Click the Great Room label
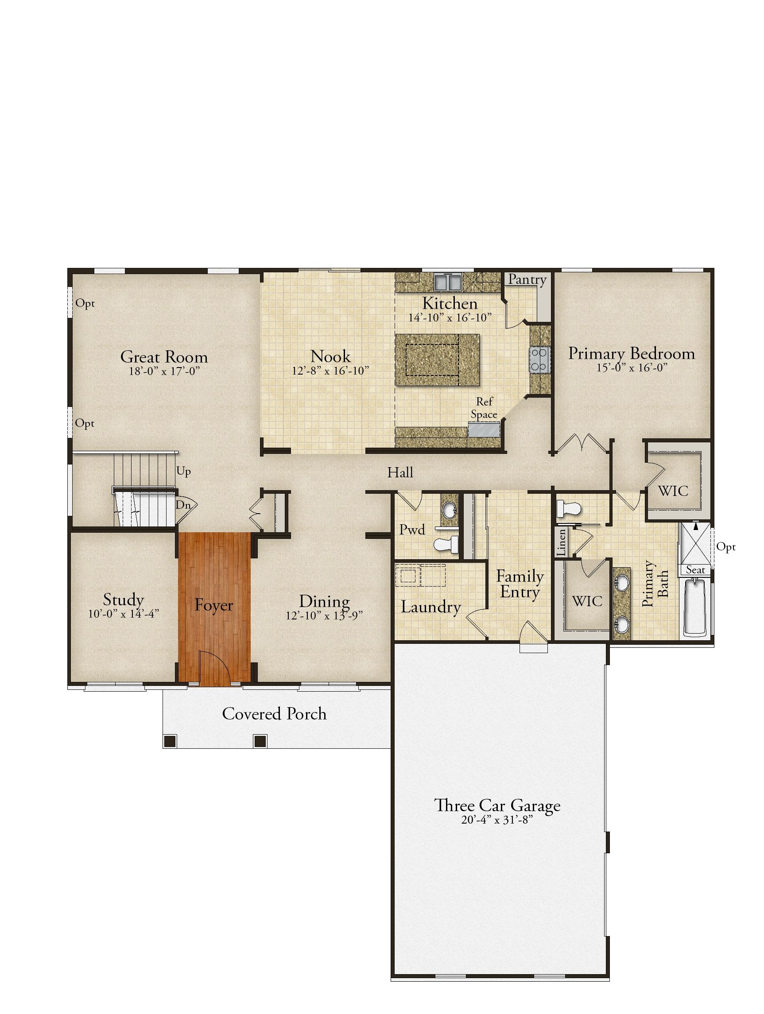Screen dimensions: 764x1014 (164, 356)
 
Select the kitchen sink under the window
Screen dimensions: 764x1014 (448, 282)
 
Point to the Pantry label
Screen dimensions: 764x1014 (527, 279)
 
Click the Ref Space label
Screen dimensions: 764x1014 (484, 408)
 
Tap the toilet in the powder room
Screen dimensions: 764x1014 (446, 544)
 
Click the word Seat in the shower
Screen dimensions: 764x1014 (695, 570)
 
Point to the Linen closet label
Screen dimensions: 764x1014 (562, 543)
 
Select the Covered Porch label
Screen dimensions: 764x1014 (274, 714)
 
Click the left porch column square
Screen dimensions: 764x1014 (170, 740)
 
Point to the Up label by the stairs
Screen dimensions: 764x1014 (183, 472)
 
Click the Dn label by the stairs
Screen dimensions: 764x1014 (183, 505)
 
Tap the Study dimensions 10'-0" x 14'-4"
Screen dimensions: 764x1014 (124, 613)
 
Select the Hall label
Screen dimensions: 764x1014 (400, 472)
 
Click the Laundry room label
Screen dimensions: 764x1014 (430, 607)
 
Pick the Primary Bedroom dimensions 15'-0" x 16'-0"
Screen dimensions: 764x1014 (632, 368)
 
